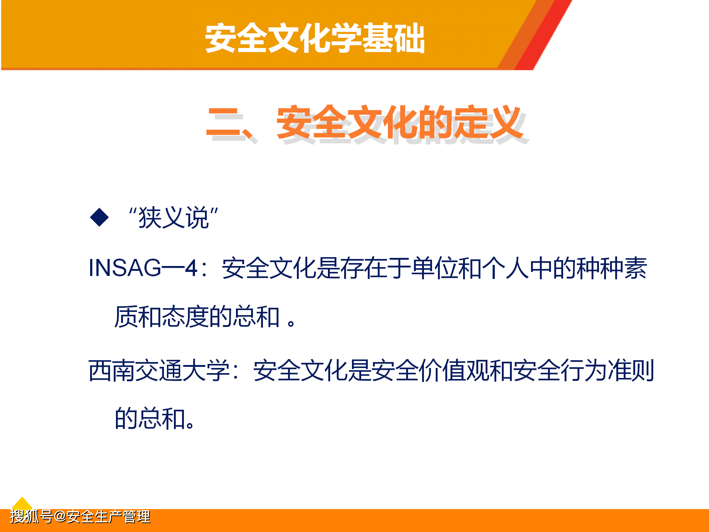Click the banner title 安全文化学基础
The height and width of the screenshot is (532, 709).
(315, 38)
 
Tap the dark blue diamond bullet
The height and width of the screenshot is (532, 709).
(99, 217)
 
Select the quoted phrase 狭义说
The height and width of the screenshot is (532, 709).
(174, 218)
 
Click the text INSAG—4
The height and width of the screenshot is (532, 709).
(144, 267)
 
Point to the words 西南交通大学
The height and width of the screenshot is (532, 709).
(159, 370)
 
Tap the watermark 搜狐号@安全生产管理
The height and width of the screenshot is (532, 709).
(80, 516)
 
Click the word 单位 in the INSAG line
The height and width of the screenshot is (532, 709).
(435, 268)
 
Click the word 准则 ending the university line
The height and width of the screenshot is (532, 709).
(631, 370)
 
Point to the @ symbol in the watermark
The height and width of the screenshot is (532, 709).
(60, 516)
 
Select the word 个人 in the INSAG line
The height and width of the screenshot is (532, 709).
(506, 268)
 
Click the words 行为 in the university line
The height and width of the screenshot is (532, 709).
(584, 370)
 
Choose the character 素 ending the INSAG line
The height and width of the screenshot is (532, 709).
(636, 268)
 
